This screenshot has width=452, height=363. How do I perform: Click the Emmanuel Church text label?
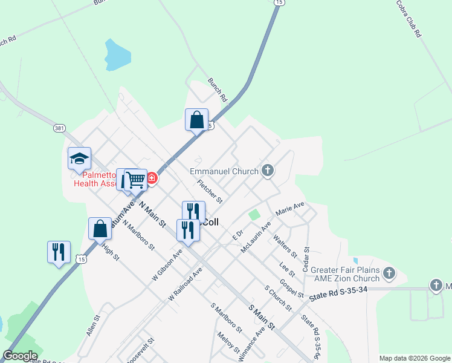224,172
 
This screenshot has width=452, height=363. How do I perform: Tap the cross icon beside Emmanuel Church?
268,171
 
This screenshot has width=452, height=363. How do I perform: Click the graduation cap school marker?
79,159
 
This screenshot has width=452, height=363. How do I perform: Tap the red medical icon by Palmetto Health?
151,178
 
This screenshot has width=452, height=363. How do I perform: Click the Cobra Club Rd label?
408,19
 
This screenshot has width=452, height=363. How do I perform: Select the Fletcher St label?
210,191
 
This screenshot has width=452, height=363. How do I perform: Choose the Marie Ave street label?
290,209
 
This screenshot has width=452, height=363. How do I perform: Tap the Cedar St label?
307,258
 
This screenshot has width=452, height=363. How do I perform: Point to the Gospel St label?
292,289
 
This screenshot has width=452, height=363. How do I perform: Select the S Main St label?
262,317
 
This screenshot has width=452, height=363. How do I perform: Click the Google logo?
20,356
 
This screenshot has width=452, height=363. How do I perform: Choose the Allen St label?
92,324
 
